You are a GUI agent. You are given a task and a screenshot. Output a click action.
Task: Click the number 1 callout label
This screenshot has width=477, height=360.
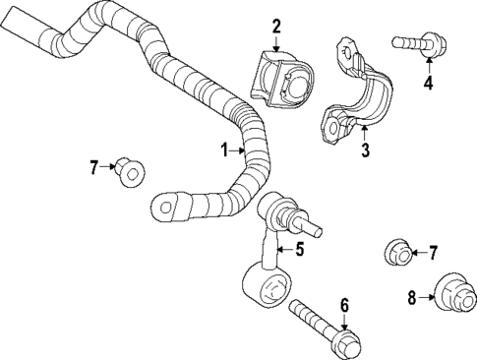point(224,150)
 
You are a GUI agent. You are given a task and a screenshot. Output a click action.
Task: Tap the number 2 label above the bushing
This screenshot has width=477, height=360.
point(276,26)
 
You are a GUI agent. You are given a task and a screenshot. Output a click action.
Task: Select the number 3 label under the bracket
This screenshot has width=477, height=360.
point(364,150)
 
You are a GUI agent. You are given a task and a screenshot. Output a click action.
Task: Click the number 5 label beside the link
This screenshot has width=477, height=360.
point(301,249)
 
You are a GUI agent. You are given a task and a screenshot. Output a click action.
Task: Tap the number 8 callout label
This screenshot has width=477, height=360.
point(412,295)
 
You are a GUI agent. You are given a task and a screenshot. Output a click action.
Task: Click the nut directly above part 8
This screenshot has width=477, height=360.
point(396,253)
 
